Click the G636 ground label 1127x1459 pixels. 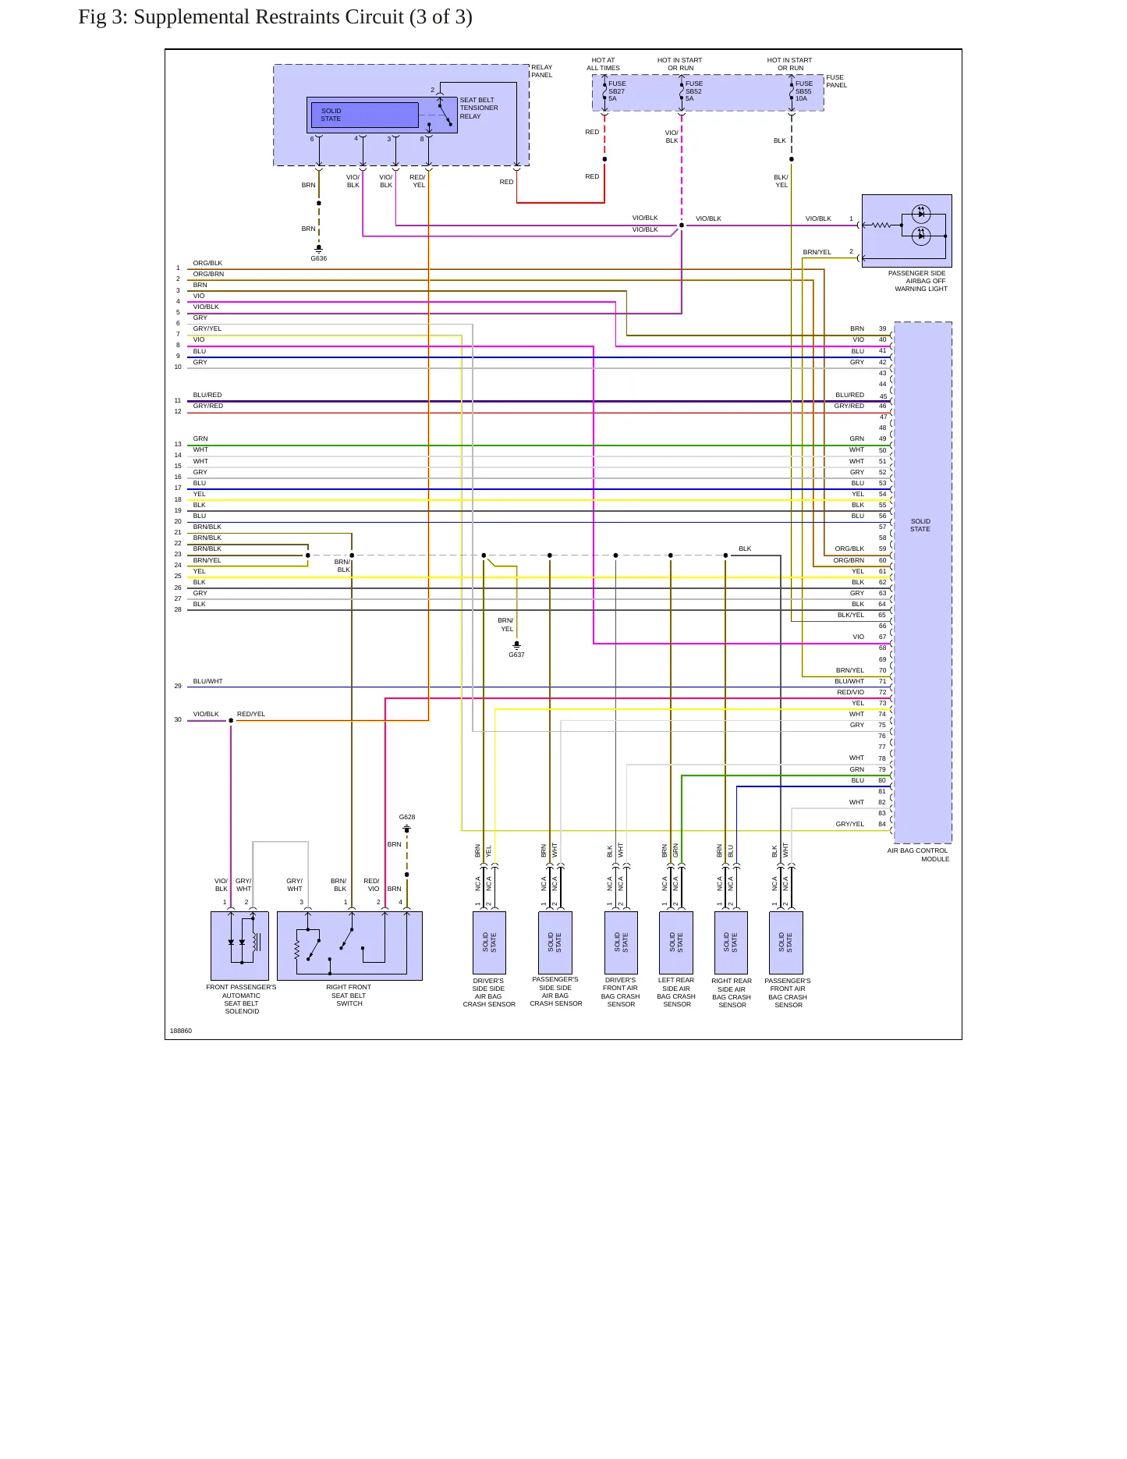pos(319,258)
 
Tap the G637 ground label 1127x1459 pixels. pos(516,655)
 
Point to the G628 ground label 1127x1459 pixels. pos(407,817)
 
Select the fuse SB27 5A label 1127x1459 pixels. pos(617,91)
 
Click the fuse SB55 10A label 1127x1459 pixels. pos(804,91)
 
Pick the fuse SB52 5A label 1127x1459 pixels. pos(694,91)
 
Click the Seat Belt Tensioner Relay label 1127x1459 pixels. pos(479,108)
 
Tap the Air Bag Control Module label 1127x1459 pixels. pos(918,855)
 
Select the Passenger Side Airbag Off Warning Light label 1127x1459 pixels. pos(917,281)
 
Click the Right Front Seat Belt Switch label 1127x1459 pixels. pos(349,996)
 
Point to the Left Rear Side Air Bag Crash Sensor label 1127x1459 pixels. pos(676,992)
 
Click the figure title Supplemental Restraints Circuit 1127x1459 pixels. pos(275,17)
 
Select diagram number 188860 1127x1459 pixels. pos(181,1031)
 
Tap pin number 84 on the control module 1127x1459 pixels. pos(882,824)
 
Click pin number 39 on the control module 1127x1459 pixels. pos(882,328)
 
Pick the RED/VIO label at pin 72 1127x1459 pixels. pos(851,692)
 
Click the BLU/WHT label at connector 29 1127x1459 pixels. pos(208,681)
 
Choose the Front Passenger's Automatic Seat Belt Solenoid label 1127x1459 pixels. pos(242,999)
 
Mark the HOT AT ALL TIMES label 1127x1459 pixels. pos(603,64)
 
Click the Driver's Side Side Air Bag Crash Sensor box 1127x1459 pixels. pos(489,942)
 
